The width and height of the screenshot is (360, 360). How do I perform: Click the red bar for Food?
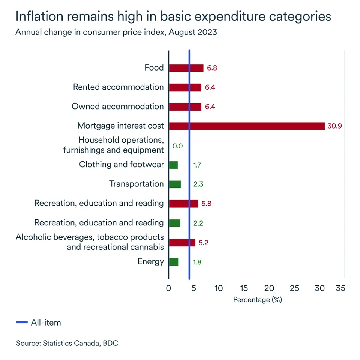(186, 68)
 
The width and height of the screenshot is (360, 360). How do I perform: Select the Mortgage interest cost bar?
(246, 126)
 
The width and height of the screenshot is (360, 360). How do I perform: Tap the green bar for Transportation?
(175, 184)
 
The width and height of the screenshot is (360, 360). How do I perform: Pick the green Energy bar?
(174, 262)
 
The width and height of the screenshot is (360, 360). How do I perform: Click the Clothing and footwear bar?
(173, 165)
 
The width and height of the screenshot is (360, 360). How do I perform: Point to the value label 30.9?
(334, 126)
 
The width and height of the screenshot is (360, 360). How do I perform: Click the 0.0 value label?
(177, 146)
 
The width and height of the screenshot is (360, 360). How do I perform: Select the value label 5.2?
(203, 243)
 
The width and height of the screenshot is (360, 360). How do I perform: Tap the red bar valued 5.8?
(183, 204)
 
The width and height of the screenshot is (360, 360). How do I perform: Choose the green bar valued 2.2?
(174, 223)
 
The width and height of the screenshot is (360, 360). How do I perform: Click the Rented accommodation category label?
(118, 87)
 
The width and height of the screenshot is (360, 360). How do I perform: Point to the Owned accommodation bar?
(185, 106)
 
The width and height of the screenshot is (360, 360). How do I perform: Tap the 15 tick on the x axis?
(244, 288)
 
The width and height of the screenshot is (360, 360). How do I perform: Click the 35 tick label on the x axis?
(340, 288)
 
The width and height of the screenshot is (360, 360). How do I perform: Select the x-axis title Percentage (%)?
(257, 300)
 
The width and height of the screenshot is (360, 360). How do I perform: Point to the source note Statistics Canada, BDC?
(68, 343)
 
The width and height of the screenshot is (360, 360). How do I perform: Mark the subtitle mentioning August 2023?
(116, 32)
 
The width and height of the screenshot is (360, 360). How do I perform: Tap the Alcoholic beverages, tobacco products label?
(90, 237)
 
